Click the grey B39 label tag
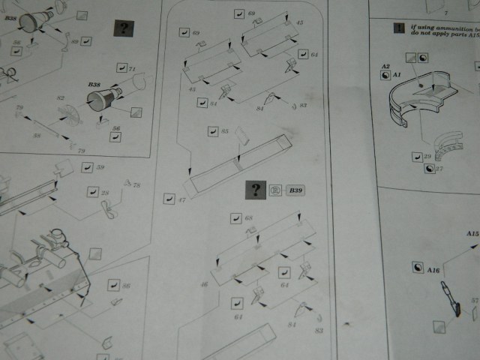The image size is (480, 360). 295,190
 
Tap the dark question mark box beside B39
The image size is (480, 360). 256,190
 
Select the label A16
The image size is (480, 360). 433,269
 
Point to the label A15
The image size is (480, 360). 472,234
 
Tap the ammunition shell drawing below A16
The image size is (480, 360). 450,299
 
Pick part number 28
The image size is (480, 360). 106,193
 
